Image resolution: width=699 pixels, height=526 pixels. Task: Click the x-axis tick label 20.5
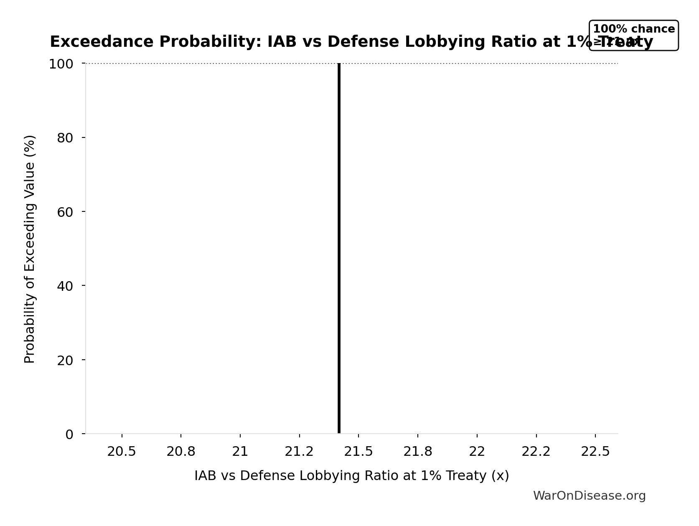(122, 452)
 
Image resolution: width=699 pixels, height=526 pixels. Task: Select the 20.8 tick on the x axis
(181, 452)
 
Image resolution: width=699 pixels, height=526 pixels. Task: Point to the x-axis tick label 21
(240, 452)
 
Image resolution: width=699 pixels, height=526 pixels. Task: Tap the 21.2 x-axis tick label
(299, 452)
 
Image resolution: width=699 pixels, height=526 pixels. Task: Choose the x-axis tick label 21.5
(358, 452)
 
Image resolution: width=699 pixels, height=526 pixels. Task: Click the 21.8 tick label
(418, 452)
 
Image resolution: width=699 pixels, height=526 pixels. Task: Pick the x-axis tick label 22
(477, 452)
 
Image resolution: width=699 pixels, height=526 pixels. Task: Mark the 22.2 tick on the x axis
(536, 452)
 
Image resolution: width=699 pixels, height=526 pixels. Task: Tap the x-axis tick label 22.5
(595, 452)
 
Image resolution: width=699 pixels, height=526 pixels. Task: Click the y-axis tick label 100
(61, 64)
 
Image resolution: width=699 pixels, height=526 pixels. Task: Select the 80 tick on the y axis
(65, 138)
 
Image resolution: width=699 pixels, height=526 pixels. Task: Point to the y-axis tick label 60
(65, 212)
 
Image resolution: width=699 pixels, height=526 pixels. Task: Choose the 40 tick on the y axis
(65, 286)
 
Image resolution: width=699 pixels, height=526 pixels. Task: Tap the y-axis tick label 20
(65, 361)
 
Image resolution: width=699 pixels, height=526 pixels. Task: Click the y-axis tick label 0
(69, 435)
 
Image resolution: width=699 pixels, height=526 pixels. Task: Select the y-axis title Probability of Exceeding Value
(30, 249)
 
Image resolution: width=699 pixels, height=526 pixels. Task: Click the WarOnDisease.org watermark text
(589, 496)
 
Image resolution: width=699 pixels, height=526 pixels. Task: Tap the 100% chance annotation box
(633, 35)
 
